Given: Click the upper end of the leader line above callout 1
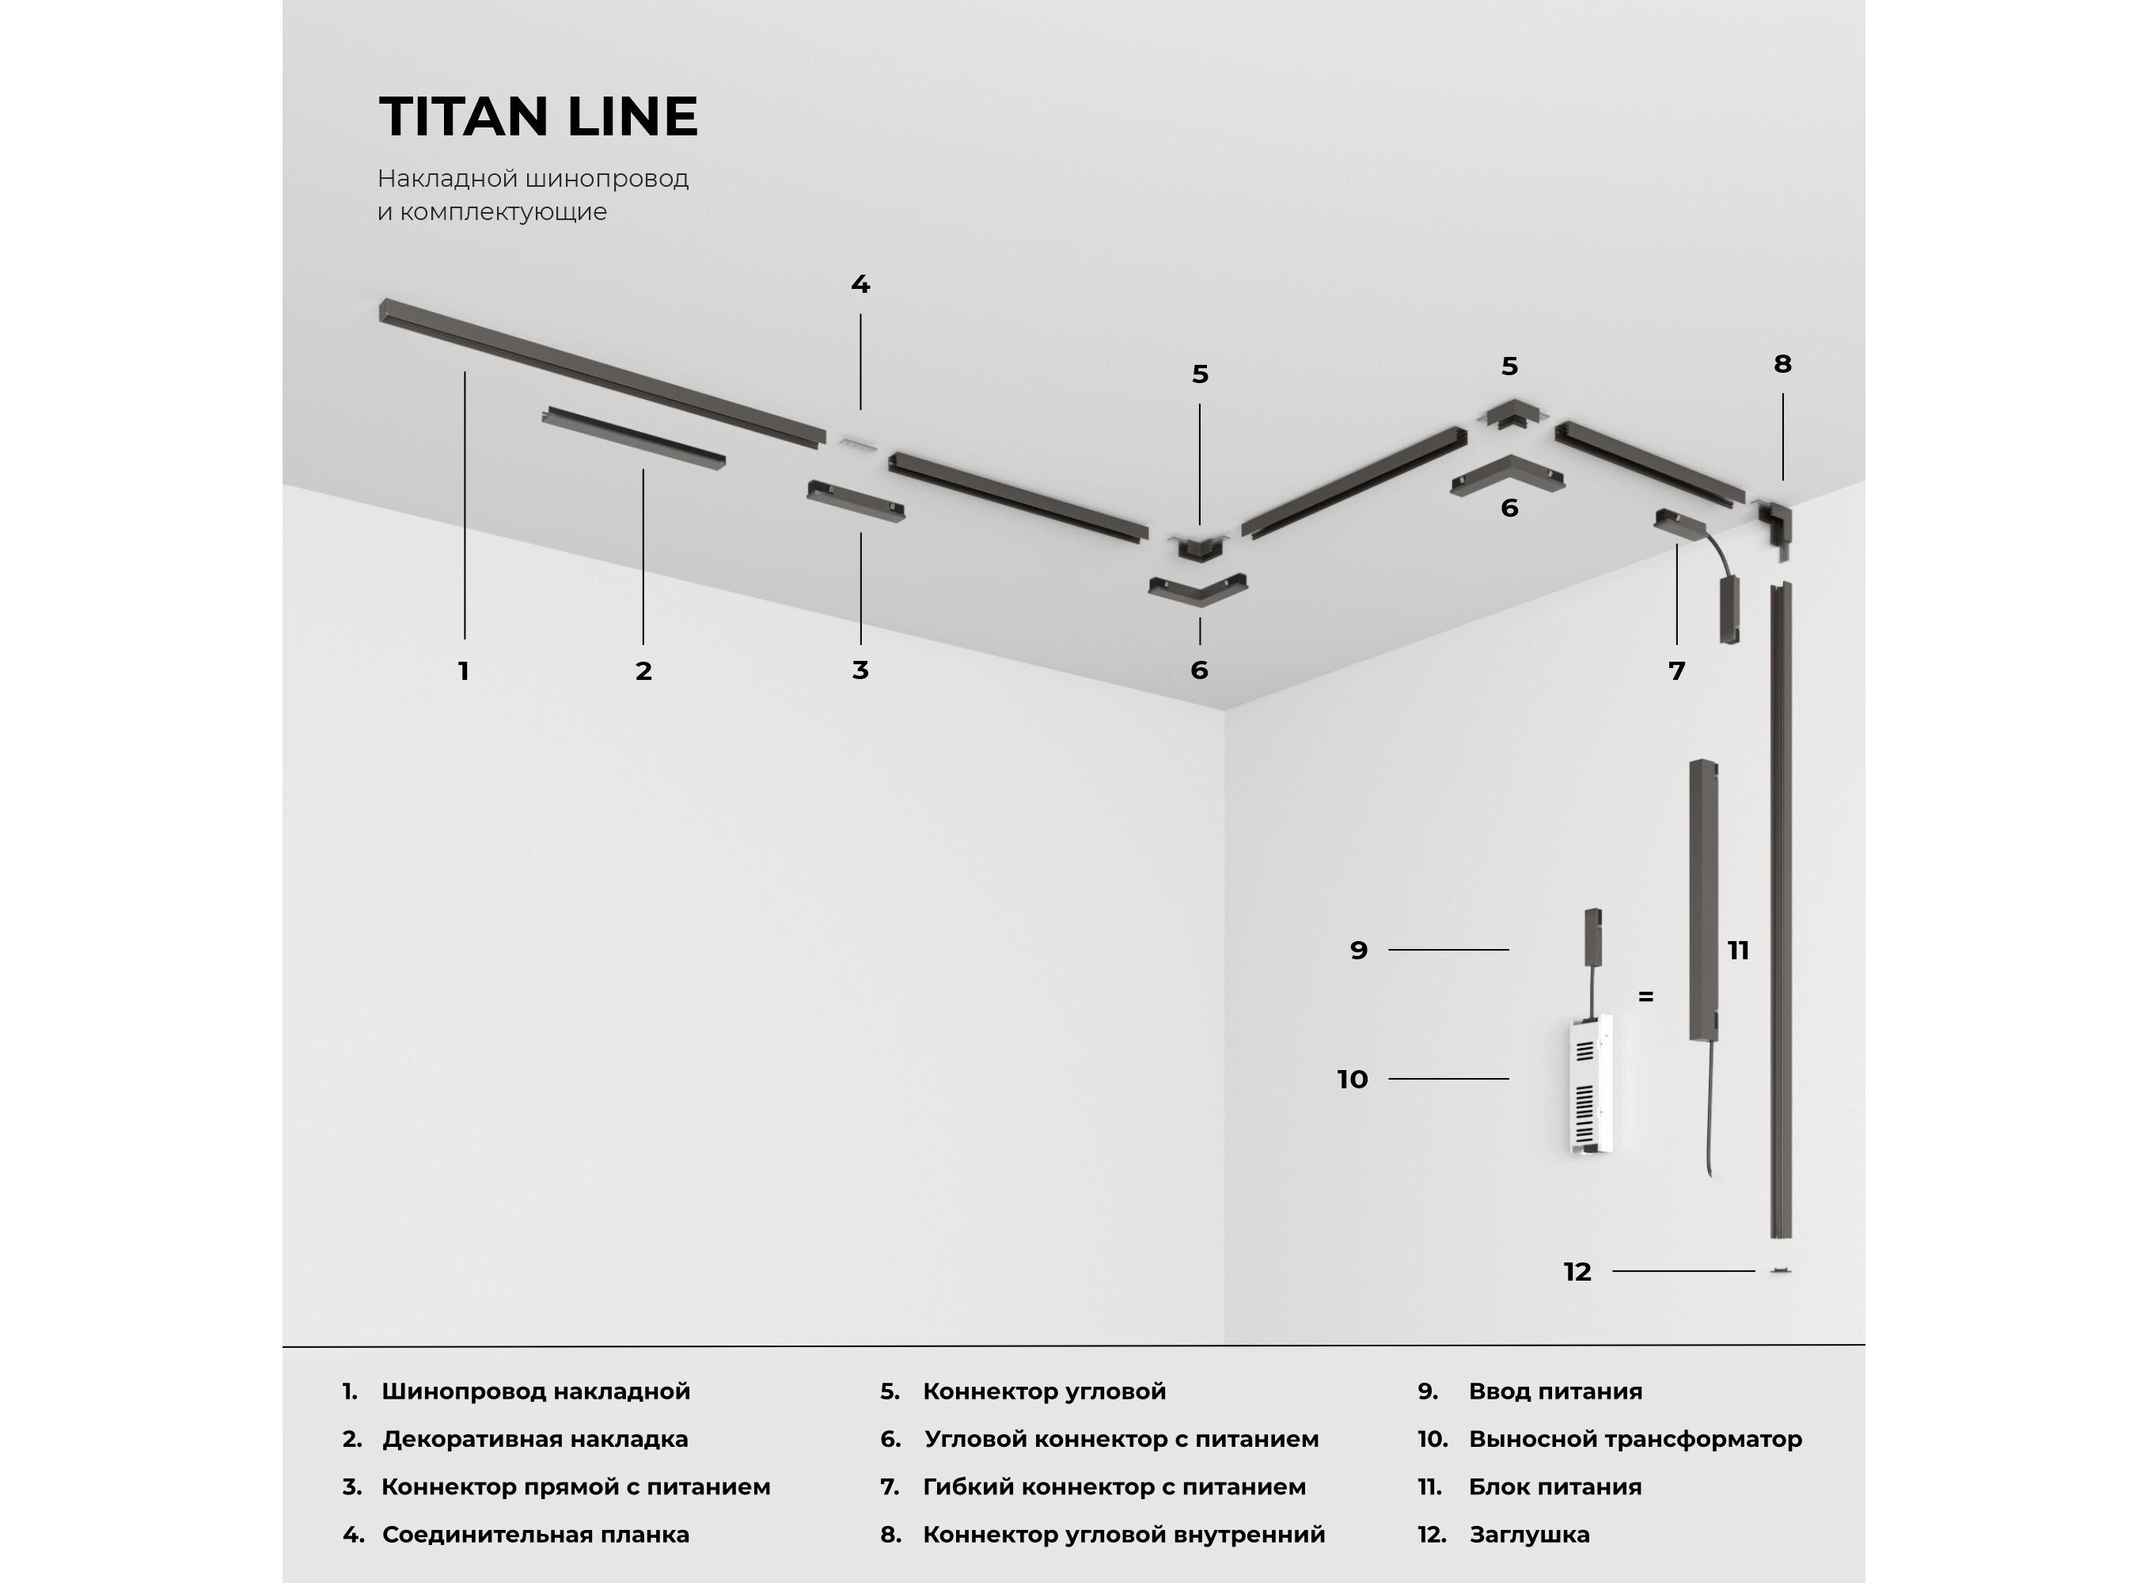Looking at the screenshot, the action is pyautogui.click(x=465, y=372).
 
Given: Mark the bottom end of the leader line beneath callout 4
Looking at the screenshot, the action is pyautogui.click(x=860, y=409).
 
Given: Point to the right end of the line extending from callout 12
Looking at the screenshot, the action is pyautogui.click(x=1754, y=1270).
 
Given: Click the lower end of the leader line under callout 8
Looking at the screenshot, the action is pyautogui.click(x=1782, y=480).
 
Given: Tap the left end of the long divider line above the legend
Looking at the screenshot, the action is pyautogui.click(x=283, y=1346).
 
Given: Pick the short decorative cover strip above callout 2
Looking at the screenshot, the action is pyautogui.click(x=633, y=437).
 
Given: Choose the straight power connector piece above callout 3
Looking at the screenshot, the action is pyautogui.click(x=856, y=502).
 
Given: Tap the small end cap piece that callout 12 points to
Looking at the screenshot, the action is pyautogui.click(x=1780, y=1270).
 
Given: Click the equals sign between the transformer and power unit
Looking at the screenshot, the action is pyautogui.click(x=1646, y=996).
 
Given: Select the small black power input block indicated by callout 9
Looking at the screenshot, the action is pyautogui.click(x=1593, y=937).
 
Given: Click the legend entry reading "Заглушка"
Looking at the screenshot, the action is pyautogui.click(x=1529, y=1534).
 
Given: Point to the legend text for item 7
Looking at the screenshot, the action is pyautogui.click(x=1114, y=1486).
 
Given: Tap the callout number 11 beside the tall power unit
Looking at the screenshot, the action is pyautogui.click(x=1738, y=951).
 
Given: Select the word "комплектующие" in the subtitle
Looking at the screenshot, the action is pyautogui.click(x=503, y=212).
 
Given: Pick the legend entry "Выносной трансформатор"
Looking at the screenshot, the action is pyautogui.click(x=1635, y=1438).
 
